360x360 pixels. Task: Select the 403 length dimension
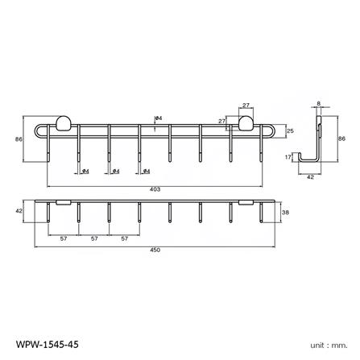pyautogui.click(x=155, y=188)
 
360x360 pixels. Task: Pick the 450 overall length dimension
pyautogui.click(x=155, y=250)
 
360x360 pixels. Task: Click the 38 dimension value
pyautogui.click(x=287, y=213)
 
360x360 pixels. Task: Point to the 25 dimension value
pyautogui.click(x=289, y=130)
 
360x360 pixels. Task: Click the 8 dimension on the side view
pyautogui.click(x=318, y=104)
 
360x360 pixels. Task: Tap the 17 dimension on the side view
pyautogui.click(x=288, y=159)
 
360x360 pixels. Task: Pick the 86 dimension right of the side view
pyautogui.click(x=341, y=139)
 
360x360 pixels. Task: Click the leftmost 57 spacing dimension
pyautogui.click(x=64, y=239)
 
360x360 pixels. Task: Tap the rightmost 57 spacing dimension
pyautogui.click(x=125, y=239)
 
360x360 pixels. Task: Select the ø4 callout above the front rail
pyautogui.click(x=159, y=118)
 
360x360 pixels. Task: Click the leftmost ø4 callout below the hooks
pyautogui.click(x=85, y=171)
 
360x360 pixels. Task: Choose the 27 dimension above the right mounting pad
pyautogui.click(x=246, y=104)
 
